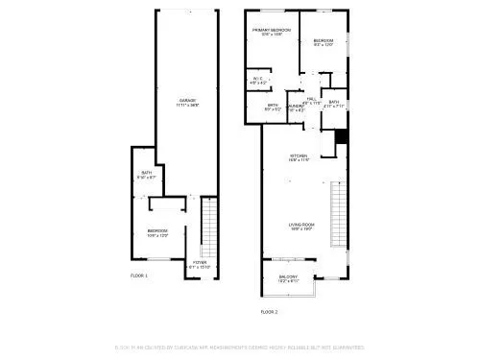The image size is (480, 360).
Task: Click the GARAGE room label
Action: click(186, 101)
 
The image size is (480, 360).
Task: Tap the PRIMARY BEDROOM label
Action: click(272, 31)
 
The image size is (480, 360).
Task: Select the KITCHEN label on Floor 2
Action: click(300, 156)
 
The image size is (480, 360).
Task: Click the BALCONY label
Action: click(289, 277)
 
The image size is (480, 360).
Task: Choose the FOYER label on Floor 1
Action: click(200, 262)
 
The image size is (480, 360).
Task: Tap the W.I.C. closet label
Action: click(257, 80)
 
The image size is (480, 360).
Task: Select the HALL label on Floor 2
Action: click(312, 100)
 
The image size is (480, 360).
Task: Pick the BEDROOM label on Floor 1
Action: click(157, 231)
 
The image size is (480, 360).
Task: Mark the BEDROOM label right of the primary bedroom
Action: click(323, 41)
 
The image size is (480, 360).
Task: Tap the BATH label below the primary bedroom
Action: click(273, 106)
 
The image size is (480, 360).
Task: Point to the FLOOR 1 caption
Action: click(139, 276)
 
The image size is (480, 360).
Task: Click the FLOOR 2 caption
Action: click(270, 312)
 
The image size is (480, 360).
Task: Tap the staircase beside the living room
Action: click(337, 213)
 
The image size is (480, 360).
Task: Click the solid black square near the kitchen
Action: click(339, 137)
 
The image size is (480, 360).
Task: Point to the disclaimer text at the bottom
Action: click(239, 347)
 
